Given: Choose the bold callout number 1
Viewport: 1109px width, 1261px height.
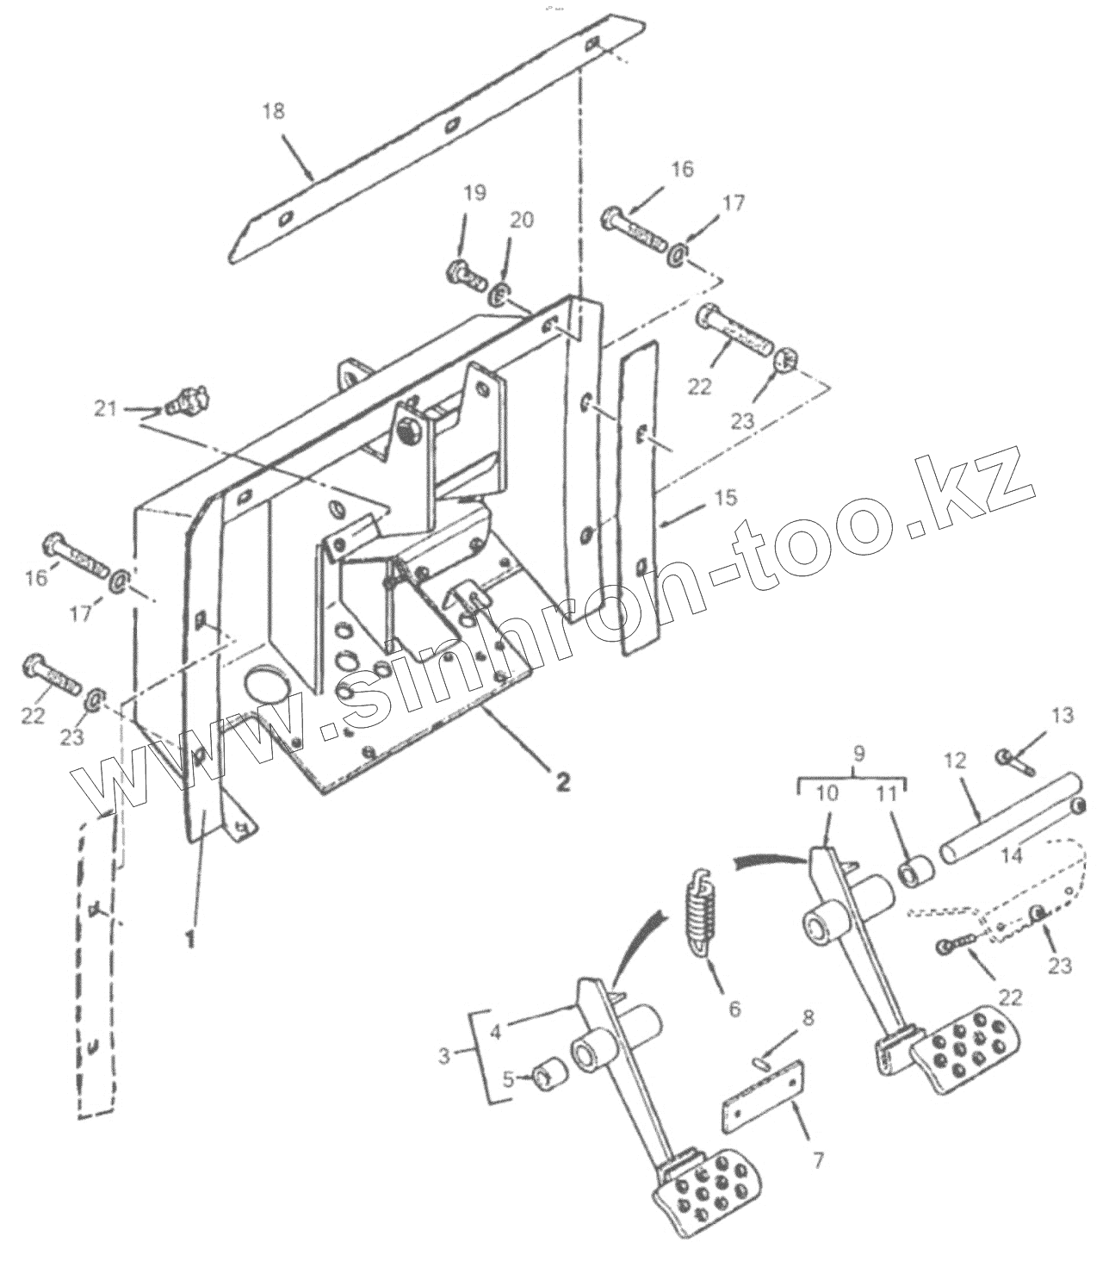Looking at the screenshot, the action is [192, 936].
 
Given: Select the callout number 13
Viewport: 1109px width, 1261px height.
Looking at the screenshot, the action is [1063, 714].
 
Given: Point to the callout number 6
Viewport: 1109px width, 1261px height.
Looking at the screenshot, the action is [733, 1008].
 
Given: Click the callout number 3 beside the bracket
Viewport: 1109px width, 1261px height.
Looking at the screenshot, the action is [444, 1054].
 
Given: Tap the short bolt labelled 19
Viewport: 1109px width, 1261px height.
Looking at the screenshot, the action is [465, 272].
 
